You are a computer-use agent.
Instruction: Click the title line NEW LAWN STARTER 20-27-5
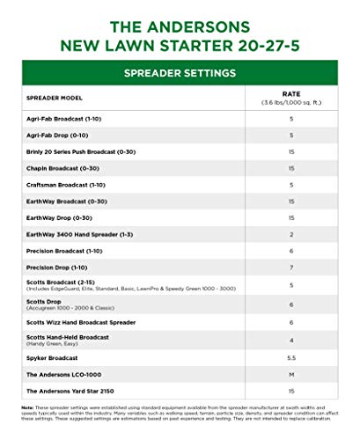180,42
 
